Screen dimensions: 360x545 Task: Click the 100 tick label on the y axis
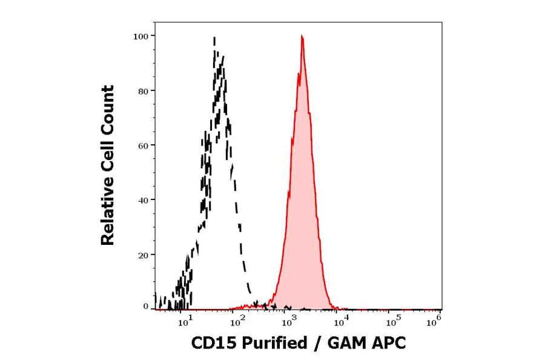click(x=140, y=36)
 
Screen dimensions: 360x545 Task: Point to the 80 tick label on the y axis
click(x=143, y=91)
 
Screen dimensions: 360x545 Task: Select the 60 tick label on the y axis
click(x=143, y=145)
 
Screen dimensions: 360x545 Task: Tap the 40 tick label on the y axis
click(x=143, y=200)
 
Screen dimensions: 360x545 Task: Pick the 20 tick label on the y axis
click(x=143, y=255)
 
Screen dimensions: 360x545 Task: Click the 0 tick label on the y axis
click(x=145, y=307)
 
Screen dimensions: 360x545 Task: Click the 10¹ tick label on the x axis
click(x=185, y=322)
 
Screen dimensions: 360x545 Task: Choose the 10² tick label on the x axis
click(x=237, y=322)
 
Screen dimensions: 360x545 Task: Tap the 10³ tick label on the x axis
click(x=289, y=322)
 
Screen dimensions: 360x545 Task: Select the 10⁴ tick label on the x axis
click(x=340, y=322)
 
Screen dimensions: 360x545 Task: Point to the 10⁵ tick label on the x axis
click(x=392, y=322)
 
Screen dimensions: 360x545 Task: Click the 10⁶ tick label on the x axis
click(x=433, y=322)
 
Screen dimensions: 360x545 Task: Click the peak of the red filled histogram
click(x=302, y=37)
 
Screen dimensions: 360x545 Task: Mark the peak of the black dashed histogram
click(x=214, y=38)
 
